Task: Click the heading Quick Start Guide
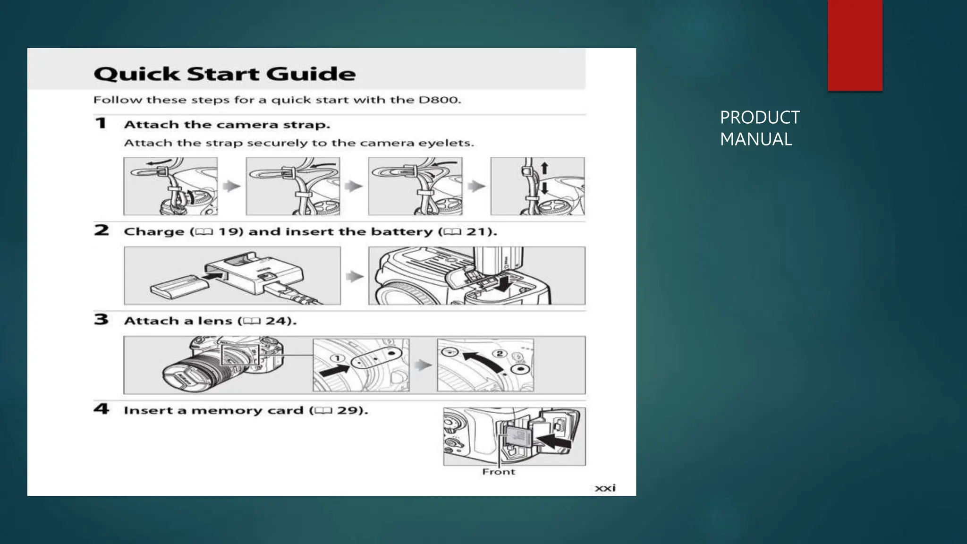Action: (224, 74)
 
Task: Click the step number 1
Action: (101, 124)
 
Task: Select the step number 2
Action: (102, 230)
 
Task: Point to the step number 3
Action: (101, 320)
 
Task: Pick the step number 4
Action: (102, 409)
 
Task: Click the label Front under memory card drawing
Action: (498, 472)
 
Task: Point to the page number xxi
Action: (605, 488)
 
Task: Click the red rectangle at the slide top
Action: (855, 45)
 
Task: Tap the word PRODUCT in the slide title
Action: (759, 118)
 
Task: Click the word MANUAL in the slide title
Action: (755, 139)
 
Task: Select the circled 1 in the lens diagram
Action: (337, 358)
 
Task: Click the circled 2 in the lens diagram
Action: (500, 353)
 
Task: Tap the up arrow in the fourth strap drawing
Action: (544, 168)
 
